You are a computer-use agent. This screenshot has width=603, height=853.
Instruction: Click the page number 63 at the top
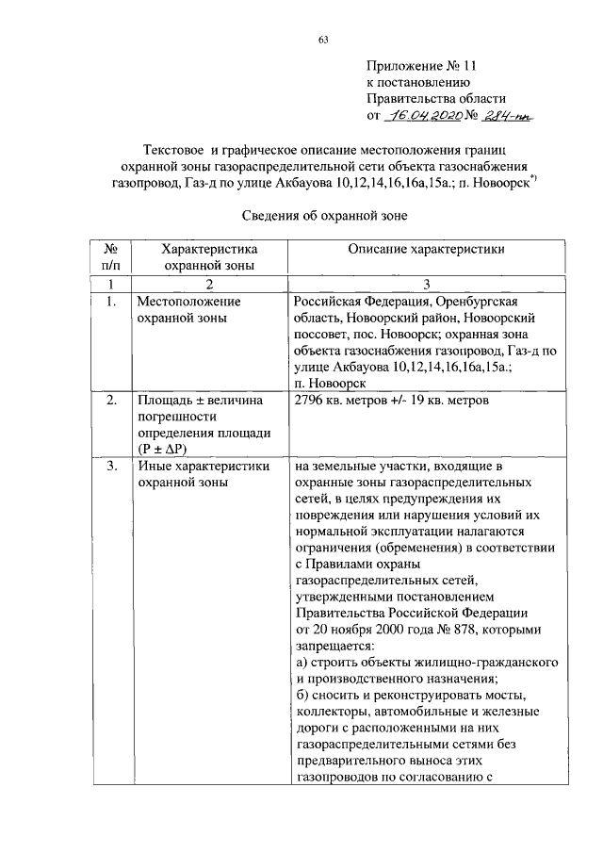[x=322, y=39]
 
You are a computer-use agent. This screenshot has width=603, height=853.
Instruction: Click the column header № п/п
[x=110, y=257]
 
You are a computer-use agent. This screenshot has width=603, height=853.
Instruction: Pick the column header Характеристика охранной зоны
[x=209, y=257]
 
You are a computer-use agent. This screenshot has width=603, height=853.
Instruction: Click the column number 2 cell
[x=209, y=285]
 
